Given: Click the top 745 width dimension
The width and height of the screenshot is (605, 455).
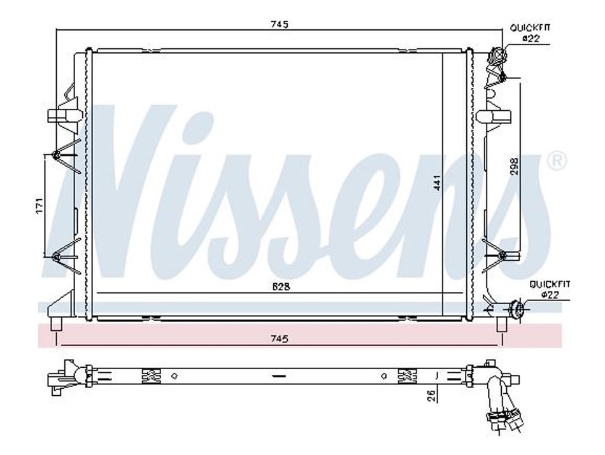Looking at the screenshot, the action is tap(280, 25).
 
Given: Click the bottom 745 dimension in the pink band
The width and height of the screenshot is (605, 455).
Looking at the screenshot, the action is tap(280, 339).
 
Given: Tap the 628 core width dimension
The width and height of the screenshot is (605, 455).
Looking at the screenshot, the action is tap(281, 287).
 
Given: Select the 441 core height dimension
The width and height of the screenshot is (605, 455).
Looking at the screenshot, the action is tap(437, 183).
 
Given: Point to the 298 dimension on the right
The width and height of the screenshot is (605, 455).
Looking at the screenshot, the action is tap(515, 167).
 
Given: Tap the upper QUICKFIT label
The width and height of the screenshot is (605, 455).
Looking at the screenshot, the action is tap(530, 28).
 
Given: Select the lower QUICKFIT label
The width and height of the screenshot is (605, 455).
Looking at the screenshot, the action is tap(550, 284).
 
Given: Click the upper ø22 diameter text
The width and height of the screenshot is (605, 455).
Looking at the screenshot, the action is tap(530, 38).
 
